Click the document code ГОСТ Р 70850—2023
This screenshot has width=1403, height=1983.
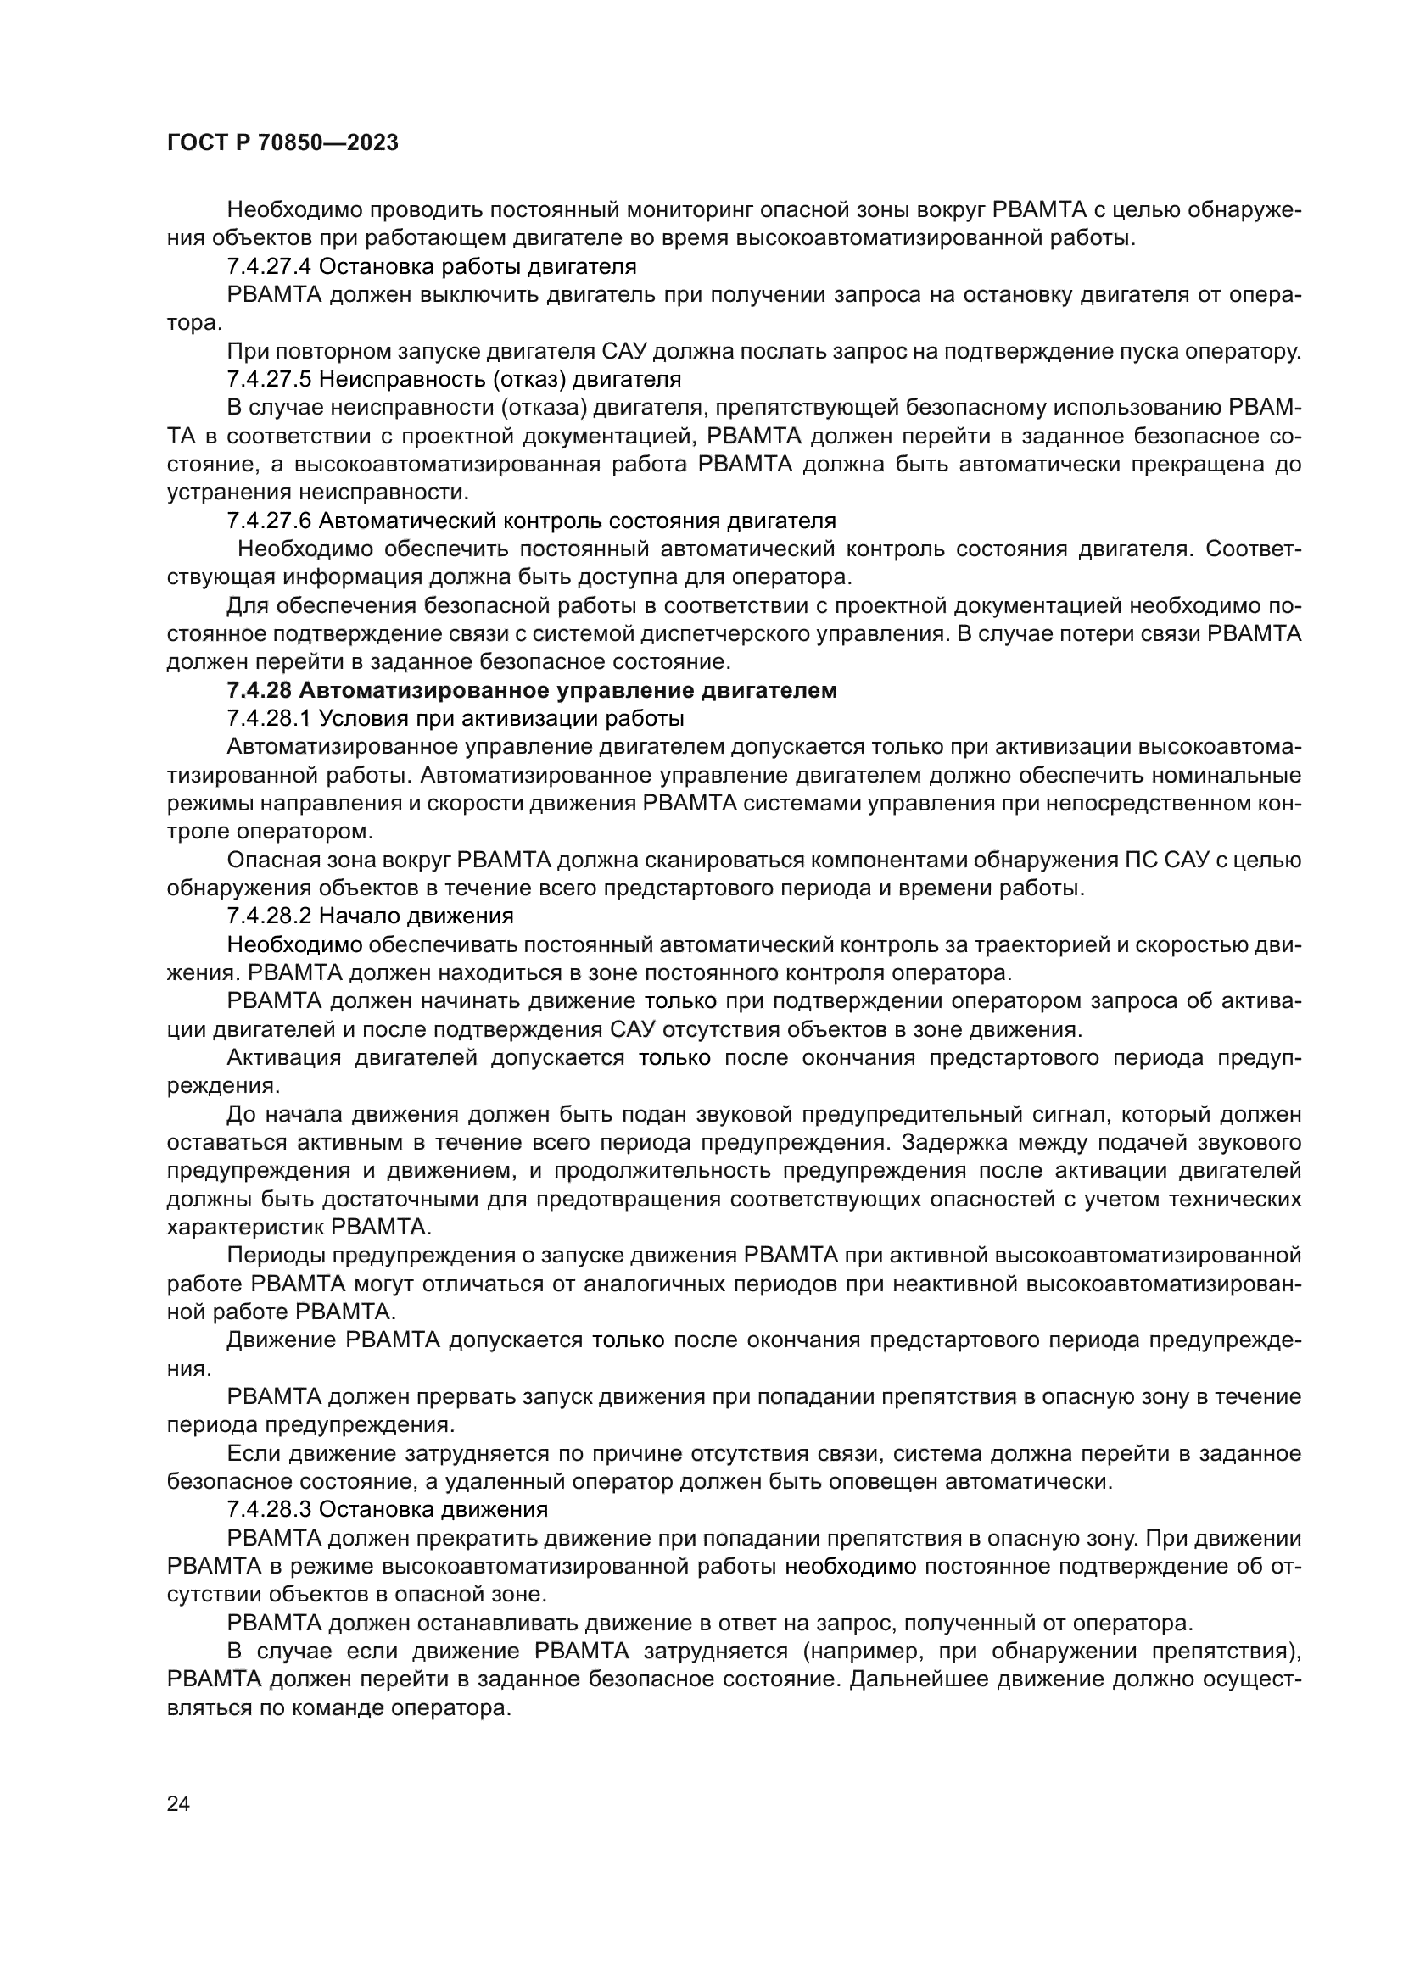[x=282, y=143]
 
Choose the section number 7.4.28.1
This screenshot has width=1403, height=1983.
[x=269, y=719]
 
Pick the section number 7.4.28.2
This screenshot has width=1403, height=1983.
[x=269, y=916]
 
